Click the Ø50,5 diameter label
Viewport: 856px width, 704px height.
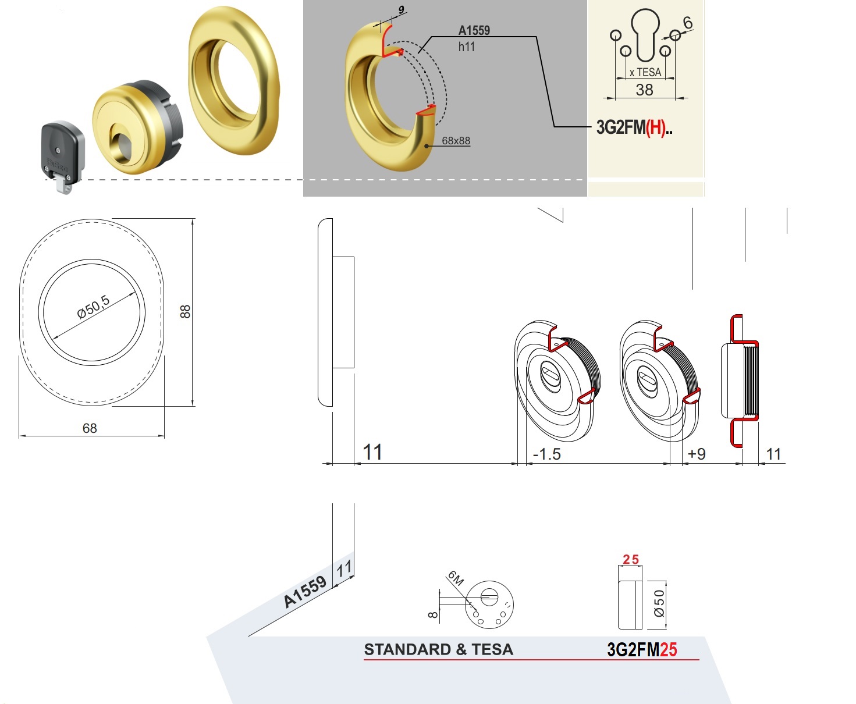click(93, 307)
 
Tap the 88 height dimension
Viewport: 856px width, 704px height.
click(185, 312)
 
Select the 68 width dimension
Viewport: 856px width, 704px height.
click(90, 428)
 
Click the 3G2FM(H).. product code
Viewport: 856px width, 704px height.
click(634, 127)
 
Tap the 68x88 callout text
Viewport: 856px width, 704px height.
click(456, 141)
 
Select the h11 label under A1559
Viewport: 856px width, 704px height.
click(466, 47)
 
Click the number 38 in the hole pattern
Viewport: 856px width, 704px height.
click(644, 90)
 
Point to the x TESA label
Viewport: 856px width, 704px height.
click(645, 73)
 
